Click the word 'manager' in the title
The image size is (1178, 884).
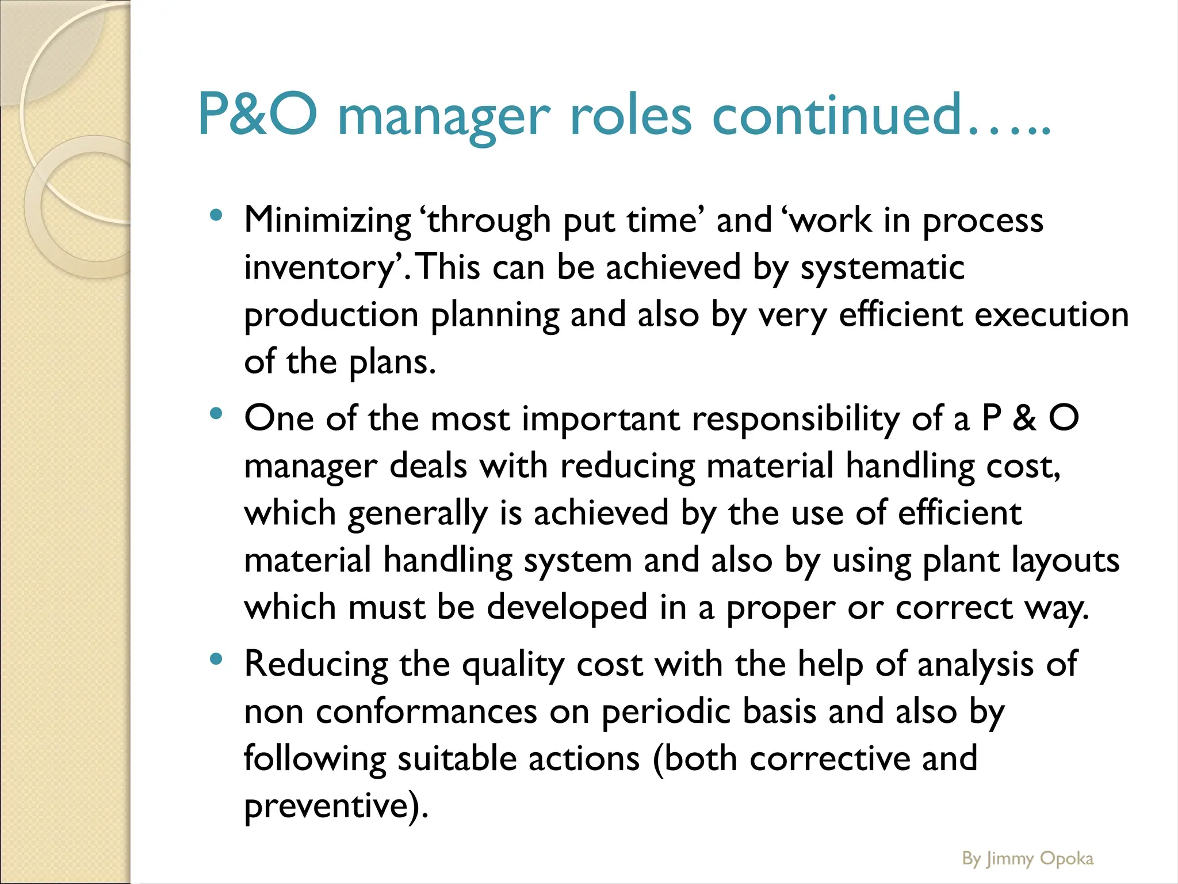pyautogui.click(x=443, y=115)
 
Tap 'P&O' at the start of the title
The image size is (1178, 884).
pyautogui.click(x=257, y=114)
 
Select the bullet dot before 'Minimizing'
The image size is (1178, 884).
pyautogui.click(x=216, y=216)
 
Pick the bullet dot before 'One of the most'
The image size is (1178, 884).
pyautogui.click(x=216, y=414)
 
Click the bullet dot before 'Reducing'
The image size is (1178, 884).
pyautogui.click(x=216, y=660)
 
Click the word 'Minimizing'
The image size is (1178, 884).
pyautogui.click(x=327, y=220)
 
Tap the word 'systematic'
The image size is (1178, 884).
pyautogui.click(x=882, y=268)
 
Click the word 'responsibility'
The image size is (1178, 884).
pyautogui.click(x=795, y=418)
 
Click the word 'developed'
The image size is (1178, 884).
pyautogui.click(x=567, y=607)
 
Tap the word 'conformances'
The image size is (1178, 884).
pyautogui.click(x=426, y=711)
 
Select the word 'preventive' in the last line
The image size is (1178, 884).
pyautogui.click(x=326, y=806)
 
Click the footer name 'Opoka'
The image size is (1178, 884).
pyautogui.click(x=1067, y=859)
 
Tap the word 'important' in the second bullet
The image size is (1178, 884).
pyautogui.click(x=601, y=418)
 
